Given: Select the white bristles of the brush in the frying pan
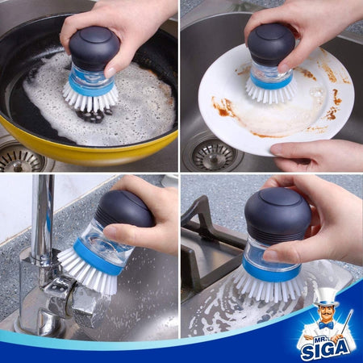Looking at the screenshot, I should tap(90, 98).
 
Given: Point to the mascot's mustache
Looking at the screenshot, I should tap(326, 317).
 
